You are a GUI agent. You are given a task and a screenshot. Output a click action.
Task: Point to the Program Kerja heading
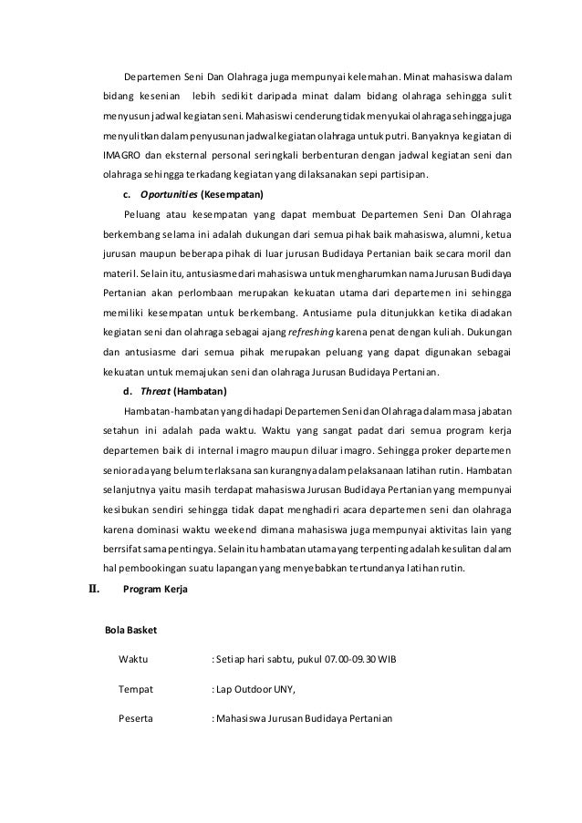[155, 590]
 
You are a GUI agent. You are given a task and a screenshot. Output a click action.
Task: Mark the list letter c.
[126, 194]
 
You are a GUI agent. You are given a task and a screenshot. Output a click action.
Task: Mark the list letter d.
[126, 392]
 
